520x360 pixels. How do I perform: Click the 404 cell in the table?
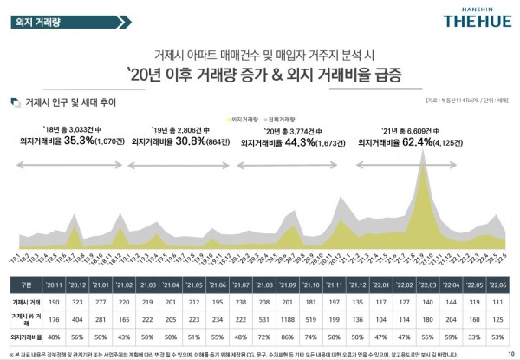[x=78, y=317]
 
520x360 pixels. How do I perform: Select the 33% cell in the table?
[x=473, y=334]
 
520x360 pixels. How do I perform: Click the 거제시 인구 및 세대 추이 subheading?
[x=64, y=101]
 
